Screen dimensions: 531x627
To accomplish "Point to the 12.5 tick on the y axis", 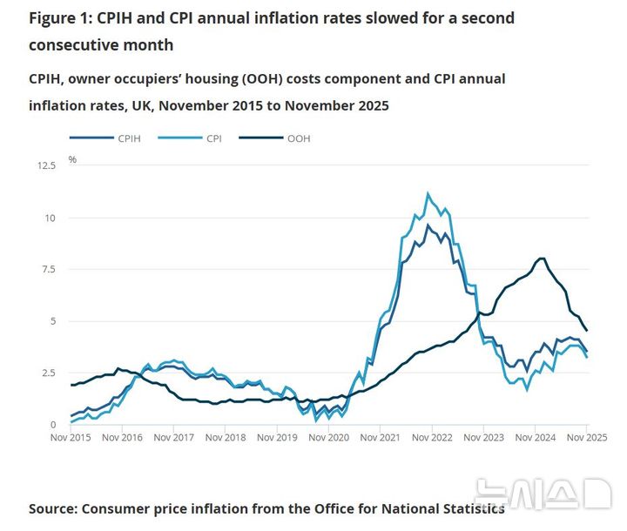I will click(x=46, y=165).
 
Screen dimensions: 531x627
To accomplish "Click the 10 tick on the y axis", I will click(x=51, y=218).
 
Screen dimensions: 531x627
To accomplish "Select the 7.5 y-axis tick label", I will click(x=49, y=269).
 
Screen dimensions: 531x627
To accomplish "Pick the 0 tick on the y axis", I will click(x=53, y=425).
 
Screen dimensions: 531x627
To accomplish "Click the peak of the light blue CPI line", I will click(x=427, y=193).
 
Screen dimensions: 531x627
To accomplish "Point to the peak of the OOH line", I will click(x=542, y=258).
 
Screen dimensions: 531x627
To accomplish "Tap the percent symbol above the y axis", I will click(x=72, y=159).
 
